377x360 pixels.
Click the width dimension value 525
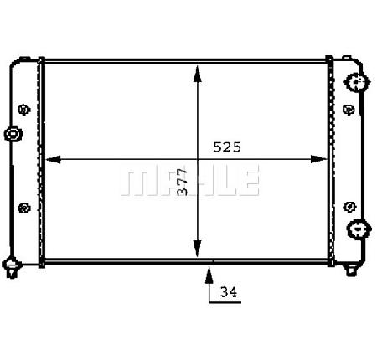227,147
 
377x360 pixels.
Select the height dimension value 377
183,182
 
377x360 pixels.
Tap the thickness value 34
229,292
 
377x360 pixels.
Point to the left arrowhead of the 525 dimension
53,159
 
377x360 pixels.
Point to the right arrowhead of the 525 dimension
319,159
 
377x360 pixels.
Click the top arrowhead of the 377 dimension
198,74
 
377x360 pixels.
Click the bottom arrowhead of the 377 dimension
198,249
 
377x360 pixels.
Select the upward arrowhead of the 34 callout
209,275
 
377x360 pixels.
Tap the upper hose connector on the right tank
357,82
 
